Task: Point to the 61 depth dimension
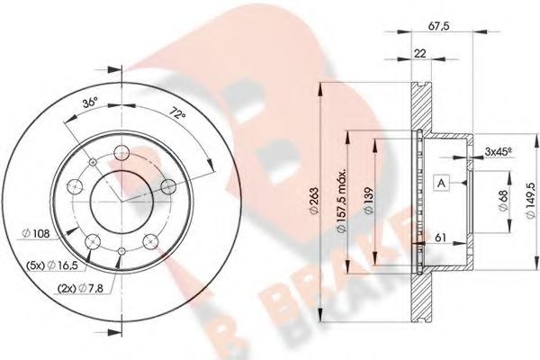pyautogui.click(x=440, y=236)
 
